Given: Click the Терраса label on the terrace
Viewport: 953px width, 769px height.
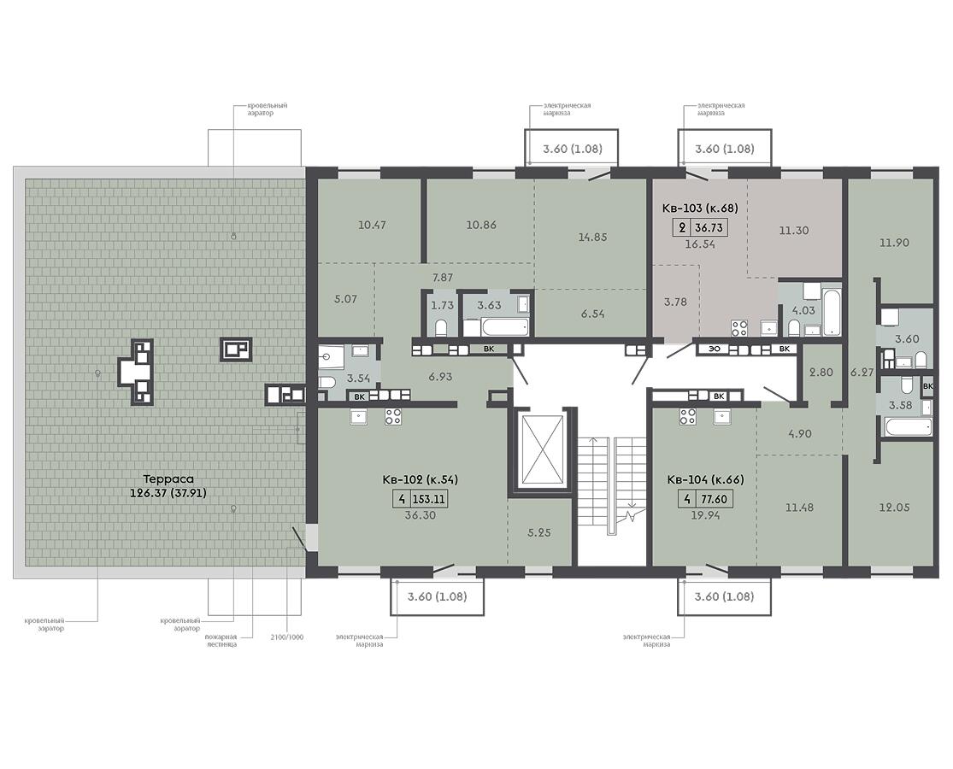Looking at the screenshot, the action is pos(168,478).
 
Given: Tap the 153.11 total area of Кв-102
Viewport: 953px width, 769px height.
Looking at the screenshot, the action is pos(429,499).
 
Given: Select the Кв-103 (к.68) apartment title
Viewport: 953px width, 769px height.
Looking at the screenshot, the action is pos(700,208).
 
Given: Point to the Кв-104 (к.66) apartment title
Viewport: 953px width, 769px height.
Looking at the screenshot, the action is pos(705,479).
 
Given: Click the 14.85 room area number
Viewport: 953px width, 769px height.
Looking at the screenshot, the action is pos(592,237).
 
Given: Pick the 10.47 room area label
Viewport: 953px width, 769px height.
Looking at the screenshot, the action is pos(372,225).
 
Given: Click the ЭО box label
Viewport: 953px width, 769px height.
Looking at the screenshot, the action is pos(715,349).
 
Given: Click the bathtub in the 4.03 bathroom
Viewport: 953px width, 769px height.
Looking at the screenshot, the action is pos(831,312).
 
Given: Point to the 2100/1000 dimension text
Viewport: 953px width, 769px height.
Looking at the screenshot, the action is pos(287,637).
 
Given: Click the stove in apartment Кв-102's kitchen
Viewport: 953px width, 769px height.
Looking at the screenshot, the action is pos(392,417).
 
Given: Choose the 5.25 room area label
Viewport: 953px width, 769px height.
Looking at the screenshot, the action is pos(539,532).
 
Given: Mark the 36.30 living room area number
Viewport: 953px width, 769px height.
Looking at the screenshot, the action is pos(420,515).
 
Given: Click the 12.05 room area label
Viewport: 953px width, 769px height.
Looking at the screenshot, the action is pos(894,508).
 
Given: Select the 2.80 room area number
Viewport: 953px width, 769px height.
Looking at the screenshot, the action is pos(821,373).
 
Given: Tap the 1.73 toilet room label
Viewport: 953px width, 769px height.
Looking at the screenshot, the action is pos(443,306).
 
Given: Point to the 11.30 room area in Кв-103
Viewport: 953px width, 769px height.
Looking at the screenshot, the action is pos(794,231).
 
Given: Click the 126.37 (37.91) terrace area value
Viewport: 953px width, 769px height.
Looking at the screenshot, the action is pos(168,493).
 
